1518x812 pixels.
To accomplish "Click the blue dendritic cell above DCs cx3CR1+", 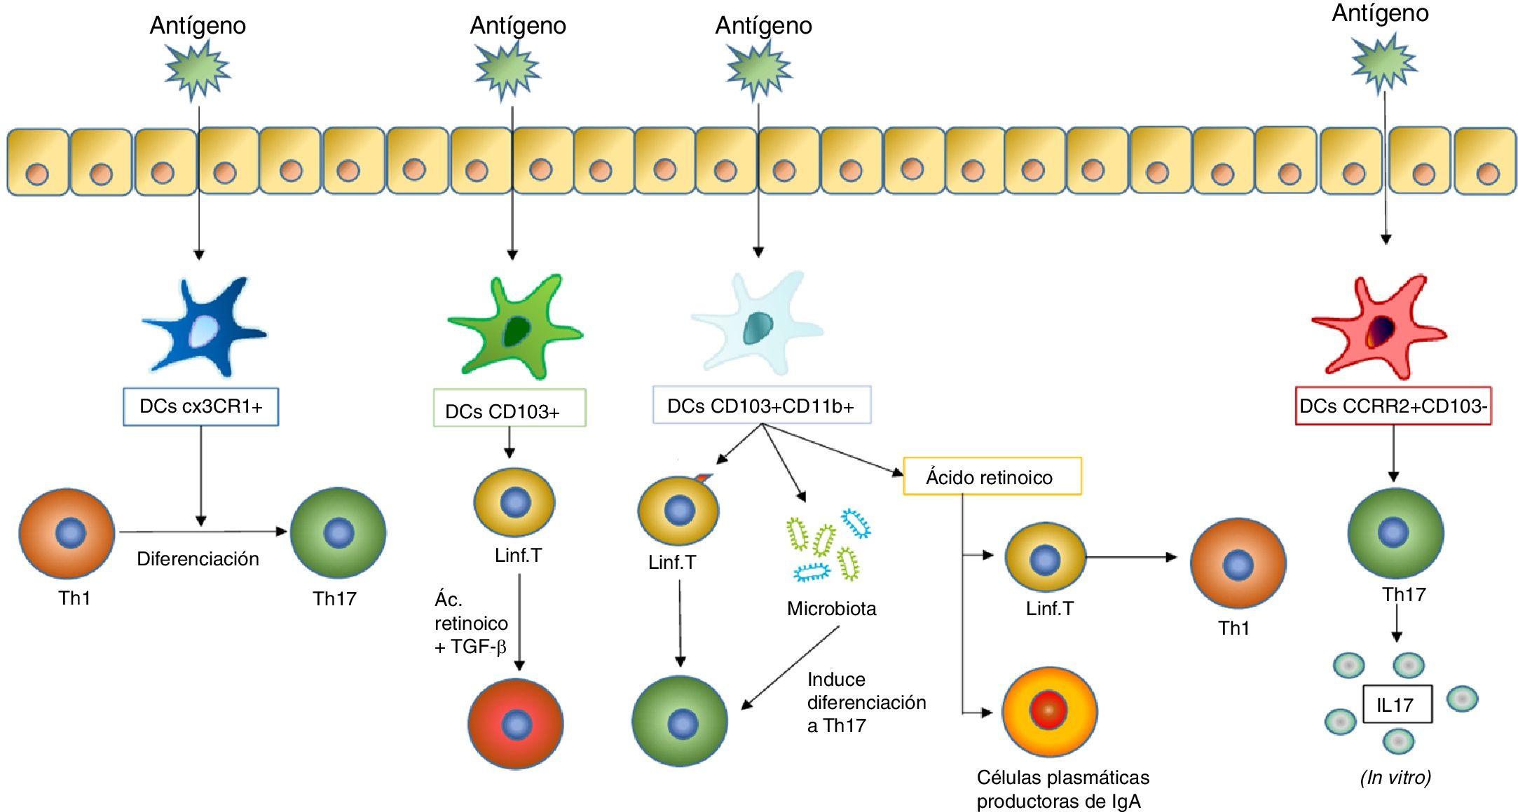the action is click(203, 326).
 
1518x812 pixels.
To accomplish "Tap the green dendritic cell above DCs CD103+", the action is click(515, 326).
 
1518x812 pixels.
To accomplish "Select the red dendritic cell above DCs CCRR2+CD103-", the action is click(1379, 326).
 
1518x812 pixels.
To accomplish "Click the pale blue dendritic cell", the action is click(757, 324).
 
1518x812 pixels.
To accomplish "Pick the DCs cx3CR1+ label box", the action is click(201, 407).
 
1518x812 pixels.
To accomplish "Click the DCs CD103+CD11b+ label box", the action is click(762, 405).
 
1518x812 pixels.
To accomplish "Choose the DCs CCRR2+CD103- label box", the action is click(1393, 406).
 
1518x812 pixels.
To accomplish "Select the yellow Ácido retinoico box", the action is click(992, 476).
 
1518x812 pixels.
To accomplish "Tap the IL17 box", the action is click(1397, 704).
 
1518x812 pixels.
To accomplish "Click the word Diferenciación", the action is click(198, 558).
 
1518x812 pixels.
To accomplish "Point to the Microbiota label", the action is click(831, 608).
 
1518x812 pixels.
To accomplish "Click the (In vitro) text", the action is click(1395, 777).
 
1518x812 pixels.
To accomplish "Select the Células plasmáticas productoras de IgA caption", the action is click(1062, 789).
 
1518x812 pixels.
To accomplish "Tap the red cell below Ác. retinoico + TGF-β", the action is click(516, 724).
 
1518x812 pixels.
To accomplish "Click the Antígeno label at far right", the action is click(1380, 13).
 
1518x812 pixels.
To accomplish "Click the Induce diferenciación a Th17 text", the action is click(866, 702).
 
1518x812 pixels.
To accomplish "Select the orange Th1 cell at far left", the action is click(67, 534).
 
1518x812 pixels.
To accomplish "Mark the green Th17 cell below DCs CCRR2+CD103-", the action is click(1395, 533).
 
